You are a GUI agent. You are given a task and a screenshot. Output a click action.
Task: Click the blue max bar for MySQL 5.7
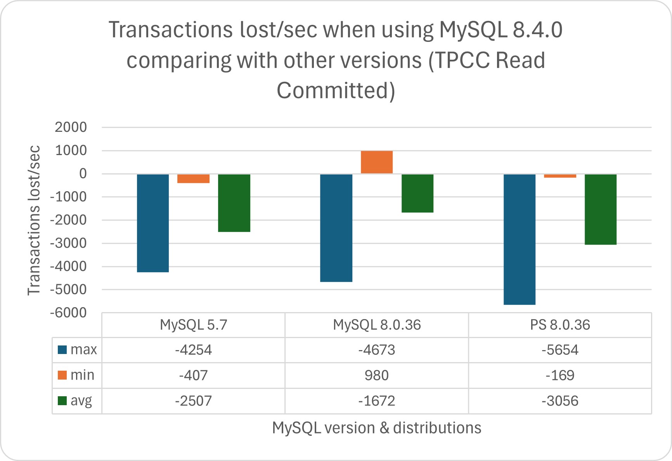coord(153,223)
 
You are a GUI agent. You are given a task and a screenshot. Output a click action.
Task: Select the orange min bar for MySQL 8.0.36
coord(376,162)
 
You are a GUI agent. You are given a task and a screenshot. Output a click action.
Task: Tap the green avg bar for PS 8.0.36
coord(600,209)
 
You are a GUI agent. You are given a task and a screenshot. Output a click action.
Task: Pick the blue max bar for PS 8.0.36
coord(519,239)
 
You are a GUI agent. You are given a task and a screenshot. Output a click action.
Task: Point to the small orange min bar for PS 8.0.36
coord(560,176)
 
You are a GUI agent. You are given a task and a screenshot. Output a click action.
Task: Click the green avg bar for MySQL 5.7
coord(234,203)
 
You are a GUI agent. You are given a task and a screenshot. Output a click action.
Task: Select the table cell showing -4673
coord(376,350)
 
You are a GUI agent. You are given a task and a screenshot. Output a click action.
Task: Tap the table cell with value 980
coord(376,375)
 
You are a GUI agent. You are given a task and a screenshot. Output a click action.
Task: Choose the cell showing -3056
coord(559,401)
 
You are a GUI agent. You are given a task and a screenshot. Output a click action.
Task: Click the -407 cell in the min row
coord(193,375)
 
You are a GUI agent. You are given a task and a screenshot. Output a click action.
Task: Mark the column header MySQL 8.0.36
coord(376,325)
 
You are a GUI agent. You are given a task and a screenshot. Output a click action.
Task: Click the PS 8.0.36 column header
coord(559,325)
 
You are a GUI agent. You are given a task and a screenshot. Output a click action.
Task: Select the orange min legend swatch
coord(62,375)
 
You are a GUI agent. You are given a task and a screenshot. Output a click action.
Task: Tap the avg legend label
coord(81,401)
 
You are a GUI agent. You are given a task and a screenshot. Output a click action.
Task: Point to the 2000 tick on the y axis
coord(71,127)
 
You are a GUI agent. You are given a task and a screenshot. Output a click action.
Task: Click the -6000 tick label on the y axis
coord(68,313)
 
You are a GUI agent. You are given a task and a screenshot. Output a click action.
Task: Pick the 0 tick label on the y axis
coord(83,174)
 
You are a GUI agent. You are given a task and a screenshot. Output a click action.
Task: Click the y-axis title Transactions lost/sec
coord(34,220)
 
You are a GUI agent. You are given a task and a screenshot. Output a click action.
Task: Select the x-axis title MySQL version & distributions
coord(376,428)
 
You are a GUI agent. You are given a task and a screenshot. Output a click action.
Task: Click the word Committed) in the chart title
coord(336,90)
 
